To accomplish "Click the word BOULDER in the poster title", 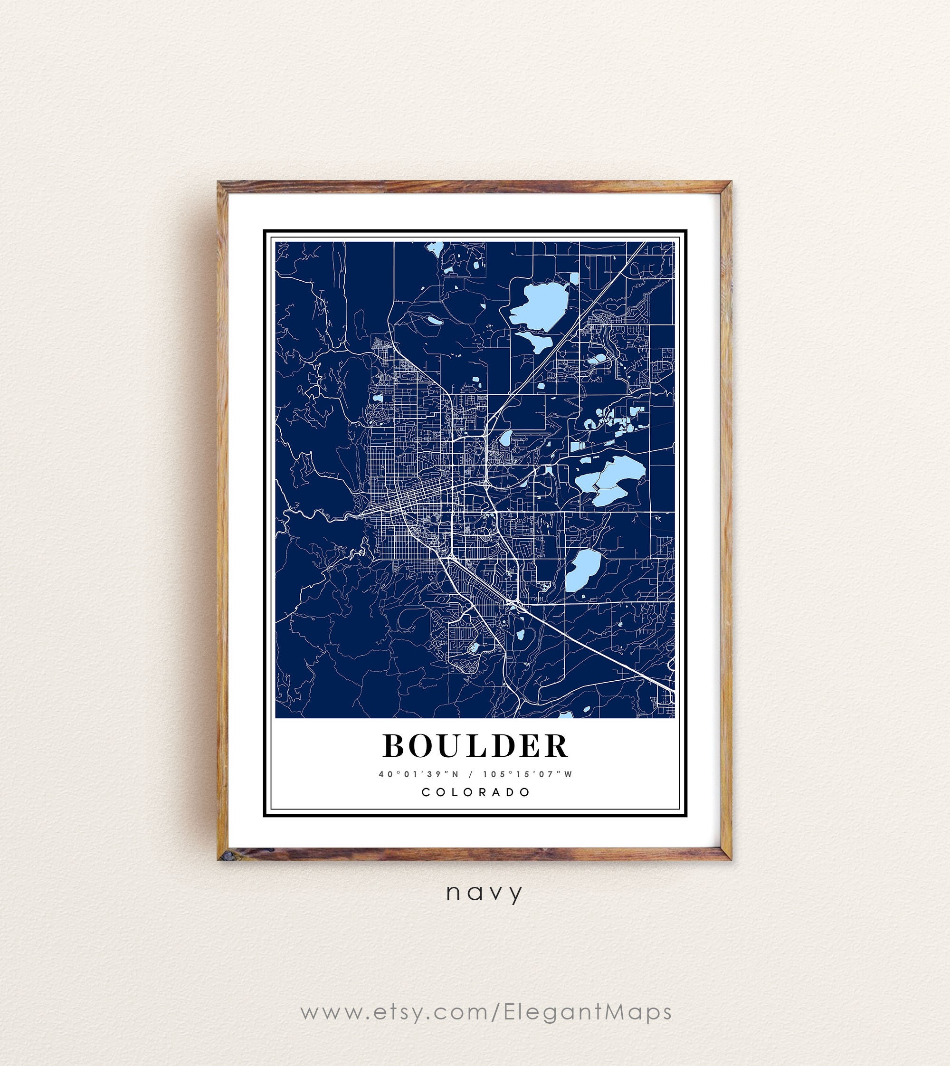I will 475,746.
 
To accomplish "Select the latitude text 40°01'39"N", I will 418,774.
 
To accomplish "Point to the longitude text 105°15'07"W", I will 528,774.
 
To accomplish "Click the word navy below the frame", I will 484,893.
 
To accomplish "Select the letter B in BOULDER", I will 396,746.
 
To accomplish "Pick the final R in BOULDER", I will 555,746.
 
